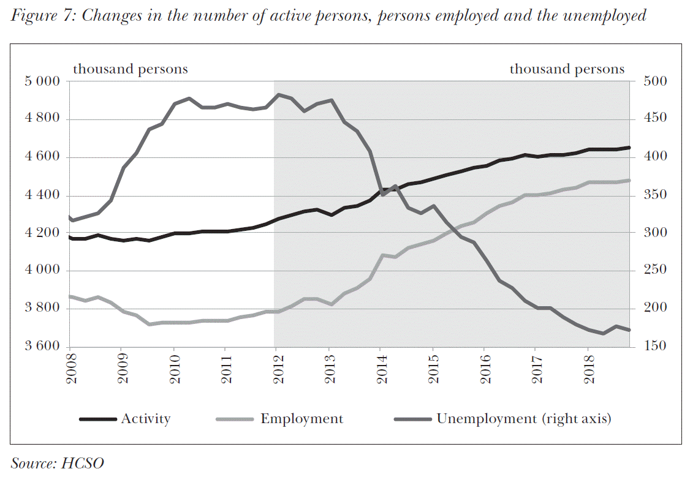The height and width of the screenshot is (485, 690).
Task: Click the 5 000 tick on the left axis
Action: pyautogui.click(x=45, y=81)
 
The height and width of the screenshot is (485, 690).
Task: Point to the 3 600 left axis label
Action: pyautogui.click(x=45, y=347)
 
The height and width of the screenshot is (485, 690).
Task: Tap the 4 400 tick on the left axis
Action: pyautogui.click(x=45, y=196)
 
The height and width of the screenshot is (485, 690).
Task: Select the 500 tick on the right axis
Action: pyautogui.click(x=655, y=81)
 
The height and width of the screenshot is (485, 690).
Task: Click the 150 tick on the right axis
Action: pyautogui.click(x=655, y=347)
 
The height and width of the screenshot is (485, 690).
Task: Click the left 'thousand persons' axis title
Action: pyautogui.click(x=131, y=69)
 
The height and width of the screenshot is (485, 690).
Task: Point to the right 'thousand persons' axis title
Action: pyautogui.click(x=567, y=69)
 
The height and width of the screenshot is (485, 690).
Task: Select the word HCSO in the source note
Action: pyautogui.click(x=82, y=463)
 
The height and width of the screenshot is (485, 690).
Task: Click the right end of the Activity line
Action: pyautogui.click(x=629, y=148)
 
